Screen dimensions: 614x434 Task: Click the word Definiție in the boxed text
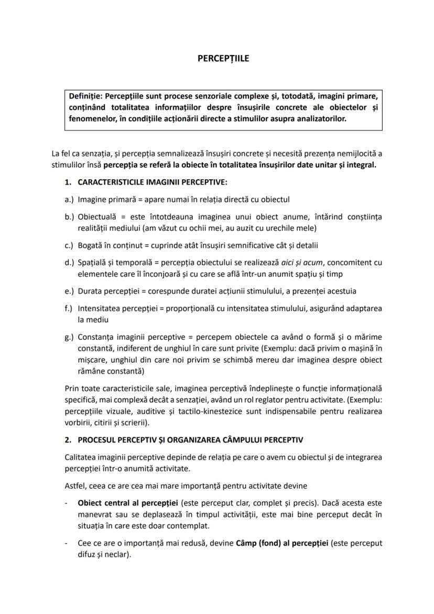[x=85, y=96]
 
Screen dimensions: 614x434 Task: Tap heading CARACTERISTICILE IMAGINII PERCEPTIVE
[x=152, y=182]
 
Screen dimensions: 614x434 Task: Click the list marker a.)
[x=69, y=199]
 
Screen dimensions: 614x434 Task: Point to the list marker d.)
[x=69, y=262]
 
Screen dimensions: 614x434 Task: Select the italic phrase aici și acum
[x=283, y=262]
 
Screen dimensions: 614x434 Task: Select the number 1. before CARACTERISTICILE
[x=68, y=182]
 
